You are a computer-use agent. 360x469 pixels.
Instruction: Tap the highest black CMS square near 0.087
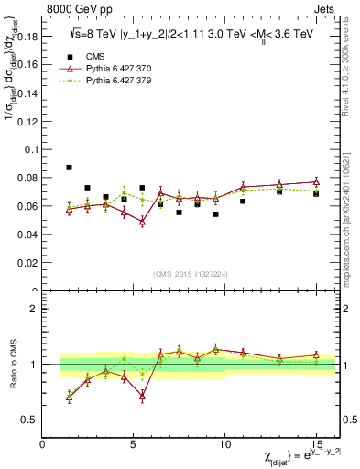pos(70,168)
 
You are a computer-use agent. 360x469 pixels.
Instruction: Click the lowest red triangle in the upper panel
pos(142,222)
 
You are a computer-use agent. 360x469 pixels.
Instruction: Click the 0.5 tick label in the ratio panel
pos(27,420)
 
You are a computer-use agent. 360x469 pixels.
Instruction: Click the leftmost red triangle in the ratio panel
pos(70,397)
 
